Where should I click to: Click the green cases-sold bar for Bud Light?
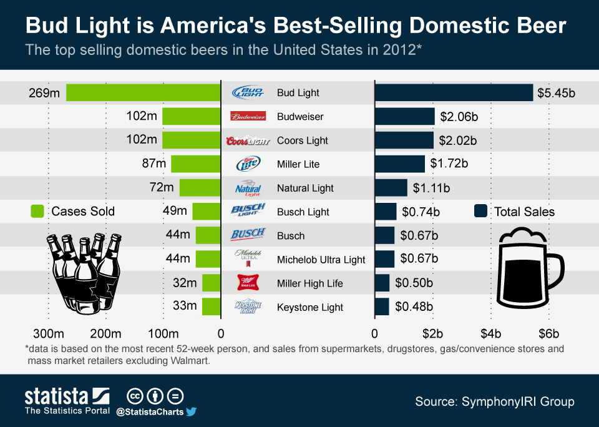pyautogui.click(x=144, y=92)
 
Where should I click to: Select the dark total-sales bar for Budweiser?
pyautogui.click(x=404, y=116)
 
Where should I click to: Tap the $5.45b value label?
pyautogui.click(x=556, y=93)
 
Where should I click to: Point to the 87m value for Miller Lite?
pyautogui.click(x=153, y=164)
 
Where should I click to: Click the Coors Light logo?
pyautogui.click(x=248, y=140)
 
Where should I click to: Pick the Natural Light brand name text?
pyautogui.click(x=305, y=188)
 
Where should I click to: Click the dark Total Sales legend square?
pyautogui.click(x=480, y=211)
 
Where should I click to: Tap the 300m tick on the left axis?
pyautogui.click(x=49, y=332)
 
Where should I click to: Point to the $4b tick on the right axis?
pyautogui.click(x=490, y=332)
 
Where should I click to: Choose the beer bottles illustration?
pyautogui.click(x=85, y=272)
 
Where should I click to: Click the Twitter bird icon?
pyautogui.click(x=191, y=411)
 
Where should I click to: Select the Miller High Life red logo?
pyautogui.click(x=248, y=283)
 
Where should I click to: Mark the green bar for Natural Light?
pyautogui.click(x=200, y=188)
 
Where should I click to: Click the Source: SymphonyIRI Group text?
pyautogui.click(x=495, y=401)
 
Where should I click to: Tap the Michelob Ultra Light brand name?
pyautogui.click(x=321, y=260)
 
